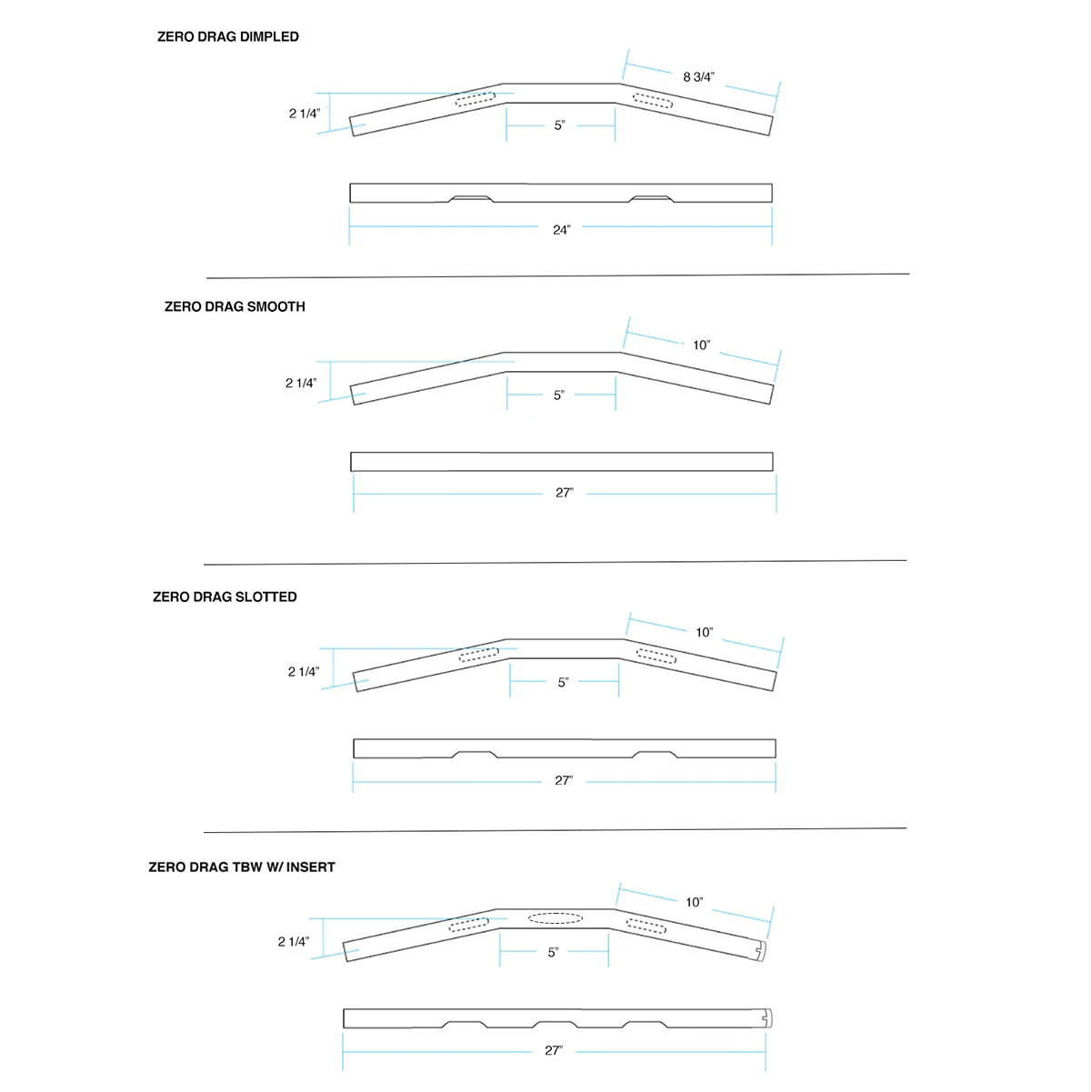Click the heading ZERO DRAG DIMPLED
(x=227, y=36)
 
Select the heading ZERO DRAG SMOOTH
(x=235, y=306)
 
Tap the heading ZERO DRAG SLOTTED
(x=225, y=596)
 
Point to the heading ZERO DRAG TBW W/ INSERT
(x=242, y=867)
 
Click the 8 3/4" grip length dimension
(x=698, y=77)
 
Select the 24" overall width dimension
(x=561, y=230)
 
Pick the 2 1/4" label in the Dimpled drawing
(x=305, y=114)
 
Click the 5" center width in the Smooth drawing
(x=559, y=396)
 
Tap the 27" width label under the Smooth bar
(x=564, y=493)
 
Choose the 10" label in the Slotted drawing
(x=705, y=633)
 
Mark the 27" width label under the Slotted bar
(x=564, y=781)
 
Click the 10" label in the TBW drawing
(x=694, y=903)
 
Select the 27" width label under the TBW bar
(x=554, y=1051)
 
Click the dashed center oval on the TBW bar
(x=556, y=918)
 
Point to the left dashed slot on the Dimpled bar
(x=475, y=99)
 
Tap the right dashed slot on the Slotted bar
(x=656, y=656)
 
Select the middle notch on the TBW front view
(x=556, y=1024)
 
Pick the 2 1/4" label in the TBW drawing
(x=293, y=942)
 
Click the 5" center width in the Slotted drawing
(x=563, y=683)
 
